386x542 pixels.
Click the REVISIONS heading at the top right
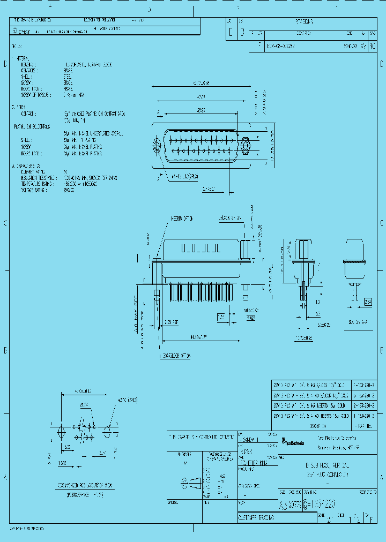(x=305, y=22)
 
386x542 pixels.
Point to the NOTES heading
(x=17, y=46)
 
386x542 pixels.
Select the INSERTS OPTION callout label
(x=182, y=219)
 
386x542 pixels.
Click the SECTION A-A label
(x=358, y=322)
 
